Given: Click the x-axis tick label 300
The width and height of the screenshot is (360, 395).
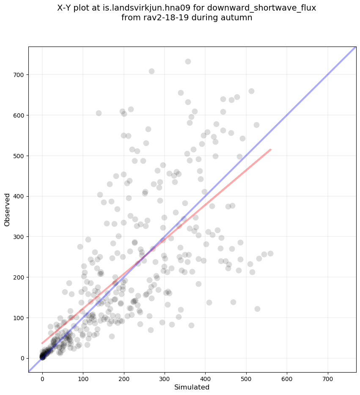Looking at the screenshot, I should pyautogui.click(x=165, y=376).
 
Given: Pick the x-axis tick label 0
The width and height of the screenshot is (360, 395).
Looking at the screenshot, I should pyautogui.click(x=42, y=376).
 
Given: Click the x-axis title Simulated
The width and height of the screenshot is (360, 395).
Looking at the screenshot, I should pyautogui.click(x=192, y=387).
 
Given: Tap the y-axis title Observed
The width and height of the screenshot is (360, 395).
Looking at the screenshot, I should pyautogui.click(x=7, y=209).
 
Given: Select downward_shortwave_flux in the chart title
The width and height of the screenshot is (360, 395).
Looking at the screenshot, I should pyautogui.click(x=270, y=8).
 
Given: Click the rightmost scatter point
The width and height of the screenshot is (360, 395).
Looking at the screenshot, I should pyautogui.click(x=270, y=253).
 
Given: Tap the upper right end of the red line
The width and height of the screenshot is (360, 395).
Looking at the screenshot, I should pyautogui.click(x=270, y=149).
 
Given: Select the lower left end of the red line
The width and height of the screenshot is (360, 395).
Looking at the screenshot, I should pyautogui.click(x=42, y=343).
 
